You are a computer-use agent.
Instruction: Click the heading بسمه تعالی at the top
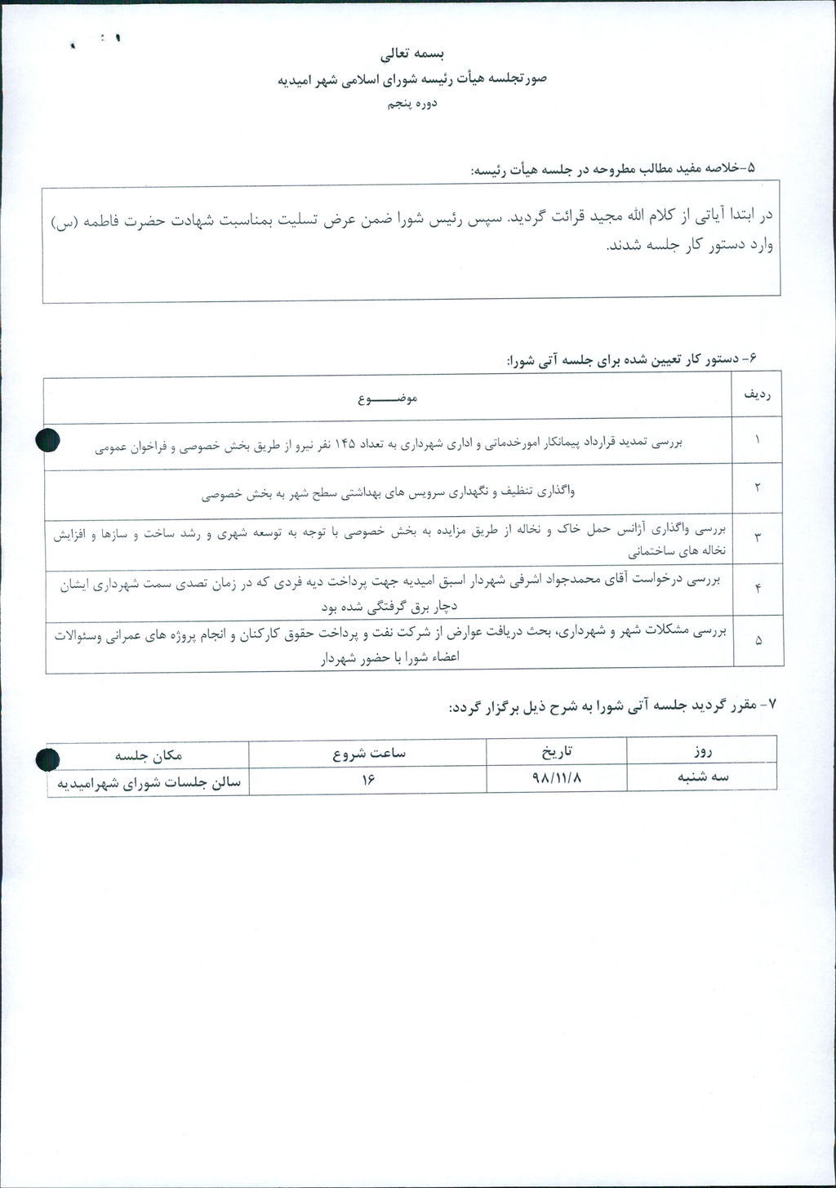pos(412,55)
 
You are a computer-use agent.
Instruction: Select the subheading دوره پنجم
pos(412,104)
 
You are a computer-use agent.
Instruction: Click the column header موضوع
pos(388,399)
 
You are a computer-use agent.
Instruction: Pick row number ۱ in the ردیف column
pos(757,440)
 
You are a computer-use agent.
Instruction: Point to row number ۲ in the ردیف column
pos(757,487)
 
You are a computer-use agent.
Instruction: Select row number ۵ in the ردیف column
pos(757,641)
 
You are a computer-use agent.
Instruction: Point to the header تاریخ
pos(557,749)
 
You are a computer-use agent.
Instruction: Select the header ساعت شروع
pos(368,752)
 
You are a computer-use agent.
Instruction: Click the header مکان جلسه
pos(148,754)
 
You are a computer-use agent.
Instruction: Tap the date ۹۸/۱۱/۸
pos(557,778)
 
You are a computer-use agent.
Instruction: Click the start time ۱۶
pos(367,780)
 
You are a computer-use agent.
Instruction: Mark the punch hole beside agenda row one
pos(48,440)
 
